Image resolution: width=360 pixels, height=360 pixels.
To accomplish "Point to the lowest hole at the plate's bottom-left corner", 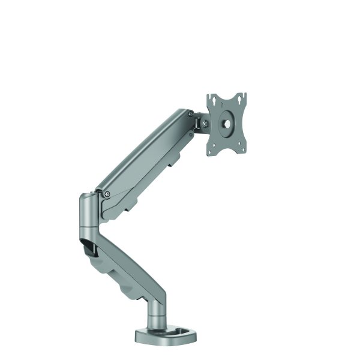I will (x=211, y=152).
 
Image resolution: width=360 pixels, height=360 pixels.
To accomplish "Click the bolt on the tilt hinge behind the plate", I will (x=205, y=123).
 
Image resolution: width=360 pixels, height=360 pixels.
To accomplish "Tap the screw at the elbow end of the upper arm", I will (x=107, y=194).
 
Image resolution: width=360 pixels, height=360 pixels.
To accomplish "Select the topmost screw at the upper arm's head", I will (x=190, y=113).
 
